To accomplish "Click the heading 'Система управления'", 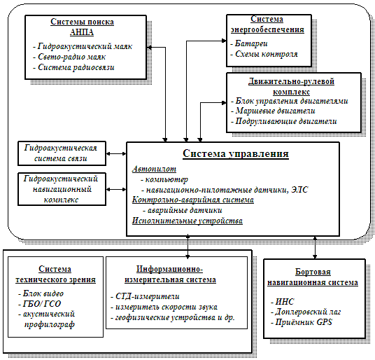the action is pyautogui.click(x=236, y=153).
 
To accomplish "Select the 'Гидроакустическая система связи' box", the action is pyautogui.click(x=62, y=153).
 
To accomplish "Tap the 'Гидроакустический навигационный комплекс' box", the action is pyautogui.click(x=62, y=189).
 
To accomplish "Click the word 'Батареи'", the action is pyautogui.click(x=251, y=43).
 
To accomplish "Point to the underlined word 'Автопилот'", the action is pyautogui.click(x=154, y=169).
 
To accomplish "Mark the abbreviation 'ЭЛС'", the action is pyautogui.click(x=299, y=190).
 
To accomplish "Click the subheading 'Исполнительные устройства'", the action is pyautogui.click(x=187, y=221).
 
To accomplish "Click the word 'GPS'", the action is pyautogui.click(x=325, y=322).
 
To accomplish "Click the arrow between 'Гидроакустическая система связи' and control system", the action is pyautogui.click(x=116, y=153).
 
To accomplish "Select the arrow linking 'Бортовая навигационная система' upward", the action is pyautogui.click(x=315, y=247).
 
